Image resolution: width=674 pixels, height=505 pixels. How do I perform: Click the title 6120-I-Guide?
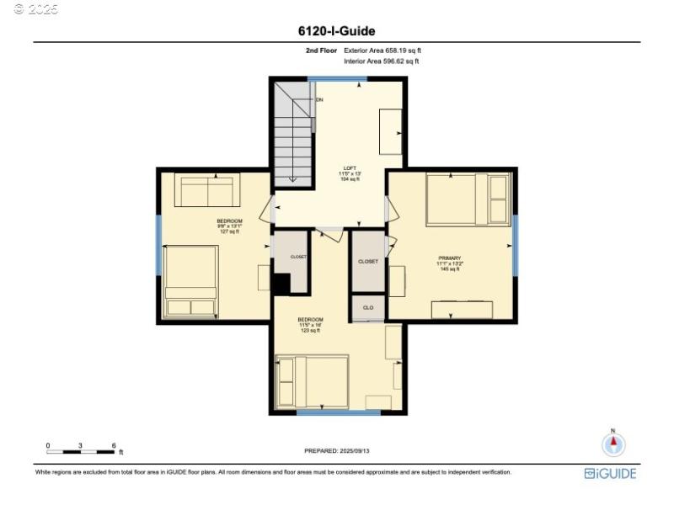coord(336,31)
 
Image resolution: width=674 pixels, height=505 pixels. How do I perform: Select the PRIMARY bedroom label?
coord(448,263)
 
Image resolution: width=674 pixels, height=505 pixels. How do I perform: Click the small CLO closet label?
coord(368,308)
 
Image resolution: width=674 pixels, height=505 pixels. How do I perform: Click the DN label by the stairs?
coord(319,100)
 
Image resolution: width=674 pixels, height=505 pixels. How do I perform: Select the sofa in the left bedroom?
coord(207,190)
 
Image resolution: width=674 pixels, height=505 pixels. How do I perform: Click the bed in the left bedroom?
coord(191,280)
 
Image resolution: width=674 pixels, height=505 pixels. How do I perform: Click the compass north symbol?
coord(613,444)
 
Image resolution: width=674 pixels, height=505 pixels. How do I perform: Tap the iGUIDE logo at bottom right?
coord(610,474)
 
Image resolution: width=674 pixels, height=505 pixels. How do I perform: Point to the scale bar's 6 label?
coord(114,445)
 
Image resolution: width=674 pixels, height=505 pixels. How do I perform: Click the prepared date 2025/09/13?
coord(336,451)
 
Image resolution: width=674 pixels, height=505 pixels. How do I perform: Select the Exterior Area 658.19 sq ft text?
coord(382,50)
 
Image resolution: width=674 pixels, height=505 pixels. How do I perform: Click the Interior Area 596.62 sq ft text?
coord(381,61)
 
